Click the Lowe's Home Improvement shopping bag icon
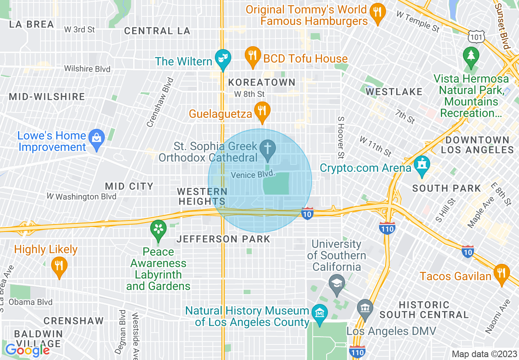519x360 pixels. [x=97, y=138]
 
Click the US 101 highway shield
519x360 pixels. [x=477, y=37]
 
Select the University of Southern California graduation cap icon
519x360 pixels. [x=336, y=283]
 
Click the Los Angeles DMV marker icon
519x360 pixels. [x=364, y=308]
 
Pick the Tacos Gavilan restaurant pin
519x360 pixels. [x=501, y=273]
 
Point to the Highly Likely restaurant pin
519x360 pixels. [x=59, y=266]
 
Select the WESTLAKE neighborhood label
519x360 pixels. [x=394, y=92]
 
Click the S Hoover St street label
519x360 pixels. [x=340, y=137]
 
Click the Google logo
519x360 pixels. [x=27, y=350]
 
